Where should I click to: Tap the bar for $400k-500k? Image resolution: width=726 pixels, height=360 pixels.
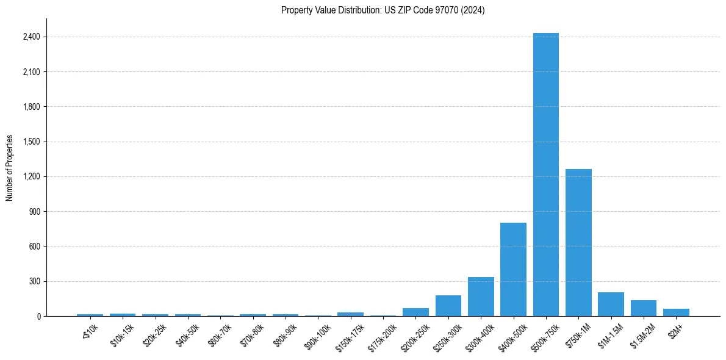click(513, 269)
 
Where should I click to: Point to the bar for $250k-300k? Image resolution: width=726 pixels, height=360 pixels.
click(448, 306)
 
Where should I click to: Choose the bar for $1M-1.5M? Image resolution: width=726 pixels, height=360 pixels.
click(611, 304)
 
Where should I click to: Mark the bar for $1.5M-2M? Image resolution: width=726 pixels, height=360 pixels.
click(643, 308)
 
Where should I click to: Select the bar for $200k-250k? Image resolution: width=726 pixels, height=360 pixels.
click(415, 312)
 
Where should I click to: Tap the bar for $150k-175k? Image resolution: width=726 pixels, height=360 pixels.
click(350, 314)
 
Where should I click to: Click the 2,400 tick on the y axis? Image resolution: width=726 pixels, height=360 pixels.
click(31, 37)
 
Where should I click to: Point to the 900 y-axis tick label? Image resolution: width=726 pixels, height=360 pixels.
click(34, 212)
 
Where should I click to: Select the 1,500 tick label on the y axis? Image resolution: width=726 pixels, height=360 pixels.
click(31, 142)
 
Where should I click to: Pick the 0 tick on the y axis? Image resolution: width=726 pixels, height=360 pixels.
click(38, 317)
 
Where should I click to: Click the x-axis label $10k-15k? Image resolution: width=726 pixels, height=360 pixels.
click(123, 335)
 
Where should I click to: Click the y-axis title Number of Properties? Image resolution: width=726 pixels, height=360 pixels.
click(10, 168)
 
